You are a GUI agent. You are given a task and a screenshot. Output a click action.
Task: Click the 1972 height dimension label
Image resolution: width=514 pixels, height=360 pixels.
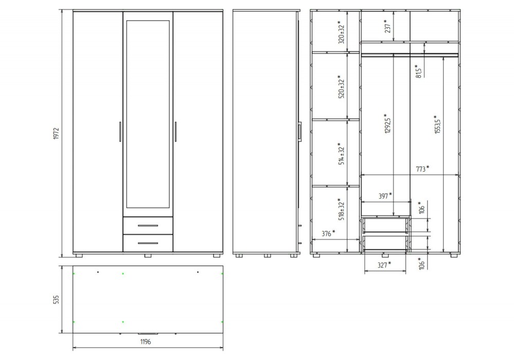pyautogui.click(x=56, y=134)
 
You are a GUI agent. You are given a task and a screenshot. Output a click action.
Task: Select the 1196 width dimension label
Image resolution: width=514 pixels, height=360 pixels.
pyautogui.click(x=145, y=341)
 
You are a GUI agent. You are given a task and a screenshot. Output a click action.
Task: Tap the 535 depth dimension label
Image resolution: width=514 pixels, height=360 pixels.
pyautogui.click(x=56, y=299)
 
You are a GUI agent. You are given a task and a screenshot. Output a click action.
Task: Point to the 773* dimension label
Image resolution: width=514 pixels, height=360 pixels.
pyautogui.click(x=423, y=169)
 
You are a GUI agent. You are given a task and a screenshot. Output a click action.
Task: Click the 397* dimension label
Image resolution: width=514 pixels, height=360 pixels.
pyautogui.click(x=385, y=196)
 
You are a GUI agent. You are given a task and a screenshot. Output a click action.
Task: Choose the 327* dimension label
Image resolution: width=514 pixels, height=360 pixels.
pyautogui.click(x=384, y=264)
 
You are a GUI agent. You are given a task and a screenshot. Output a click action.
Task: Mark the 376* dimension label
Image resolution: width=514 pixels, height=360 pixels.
pyautogui.click(x=328, y=233)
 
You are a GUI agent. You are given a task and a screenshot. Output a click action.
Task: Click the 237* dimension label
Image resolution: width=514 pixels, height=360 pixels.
pyautogui.click(x=388, y=26)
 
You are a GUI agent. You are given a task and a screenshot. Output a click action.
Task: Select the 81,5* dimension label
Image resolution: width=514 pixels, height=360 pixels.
pyautogui.click(x=418, y=71)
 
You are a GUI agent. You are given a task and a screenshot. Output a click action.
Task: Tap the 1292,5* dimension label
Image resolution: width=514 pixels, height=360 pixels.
pyautogui.click(x=388, y=123)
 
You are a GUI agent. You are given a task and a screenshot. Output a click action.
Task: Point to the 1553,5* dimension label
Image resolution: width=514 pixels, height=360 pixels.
pyautogui.click(x=437, y=124)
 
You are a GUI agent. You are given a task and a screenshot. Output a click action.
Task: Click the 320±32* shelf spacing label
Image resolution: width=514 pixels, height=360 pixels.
pyautogui.click(x=341, y=32)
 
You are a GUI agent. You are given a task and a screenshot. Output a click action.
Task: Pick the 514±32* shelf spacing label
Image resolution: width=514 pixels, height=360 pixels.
pyautogui.click(x=341, y=153)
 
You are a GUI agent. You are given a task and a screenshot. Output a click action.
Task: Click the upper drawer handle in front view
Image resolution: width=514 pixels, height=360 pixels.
pyautogui.click(x=148, y=226)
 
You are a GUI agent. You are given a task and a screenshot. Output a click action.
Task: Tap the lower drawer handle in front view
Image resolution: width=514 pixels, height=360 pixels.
pyautogui.click(x=148, y=243)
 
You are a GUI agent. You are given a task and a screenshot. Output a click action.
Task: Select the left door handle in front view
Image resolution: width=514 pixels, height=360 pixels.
pyautogui.click(x=120, y=132)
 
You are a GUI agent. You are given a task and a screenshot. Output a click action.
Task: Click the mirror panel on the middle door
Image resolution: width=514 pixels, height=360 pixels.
pyautogui.click(x=148, y=114)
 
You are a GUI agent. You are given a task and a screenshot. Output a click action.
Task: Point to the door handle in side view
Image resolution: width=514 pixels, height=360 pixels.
pyautogui.click(x=300, y=132)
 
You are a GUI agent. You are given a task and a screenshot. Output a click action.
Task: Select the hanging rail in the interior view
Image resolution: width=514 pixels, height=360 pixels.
pyautogui.click(x=410, y=55)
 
